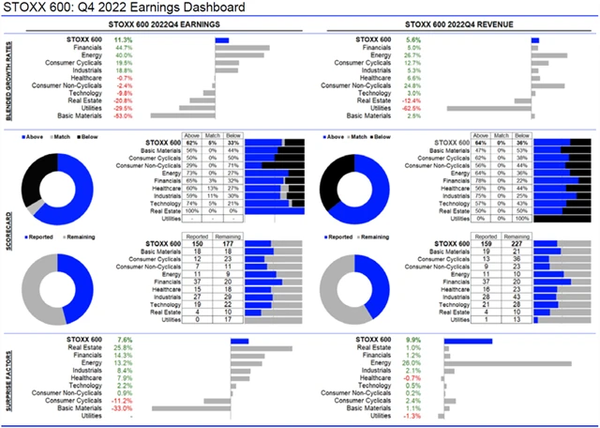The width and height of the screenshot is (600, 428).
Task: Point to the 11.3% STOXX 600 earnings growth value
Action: click(x=123, y=39)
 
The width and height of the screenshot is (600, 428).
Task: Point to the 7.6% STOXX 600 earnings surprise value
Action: click(x=123, y=340)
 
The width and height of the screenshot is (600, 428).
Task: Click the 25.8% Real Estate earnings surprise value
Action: click(x=123, y=348)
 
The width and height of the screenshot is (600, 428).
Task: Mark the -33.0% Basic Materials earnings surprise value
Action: click(x=122, y=408)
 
